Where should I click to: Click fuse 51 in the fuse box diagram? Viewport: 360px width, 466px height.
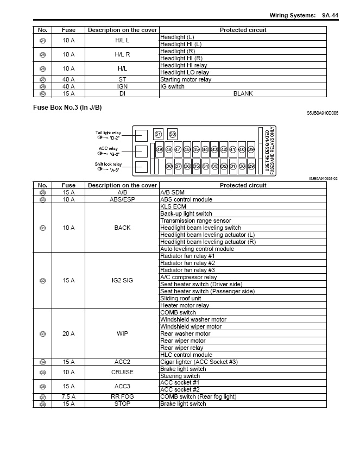(159, 134)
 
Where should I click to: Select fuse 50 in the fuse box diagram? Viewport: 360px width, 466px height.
(173, 134)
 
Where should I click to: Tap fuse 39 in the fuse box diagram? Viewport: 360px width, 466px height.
(251, 149)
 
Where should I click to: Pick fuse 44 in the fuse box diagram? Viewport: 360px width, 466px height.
(205, 149)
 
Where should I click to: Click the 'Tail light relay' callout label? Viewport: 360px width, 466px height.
(108, 133)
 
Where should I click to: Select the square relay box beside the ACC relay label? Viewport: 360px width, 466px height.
(142, 151)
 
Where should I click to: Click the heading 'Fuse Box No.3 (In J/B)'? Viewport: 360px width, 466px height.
(67, 108)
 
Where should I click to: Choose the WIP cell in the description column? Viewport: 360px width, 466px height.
(122, 333)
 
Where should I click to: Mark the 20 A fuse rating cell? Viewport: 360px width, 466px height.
(68, 333)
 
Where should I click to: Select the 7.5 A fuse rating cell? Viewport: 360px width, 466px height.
(68, 397)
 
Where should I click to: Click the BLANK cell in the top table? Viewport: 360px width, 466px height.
(243, 93)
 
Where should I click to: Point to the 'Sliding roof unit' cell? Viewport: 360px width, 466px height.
(181, 298)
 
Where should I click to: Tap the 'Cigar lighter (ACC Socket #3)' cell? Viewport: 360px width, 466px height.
(199, 362)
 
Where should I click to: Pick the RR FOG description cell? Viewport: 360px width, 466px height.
(122, 397)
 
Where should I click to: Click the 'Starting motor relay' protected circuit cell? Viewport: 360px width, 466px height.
(186, 79)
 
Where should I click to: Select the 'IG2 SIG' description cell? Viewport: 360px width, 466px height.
(122, 281)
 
